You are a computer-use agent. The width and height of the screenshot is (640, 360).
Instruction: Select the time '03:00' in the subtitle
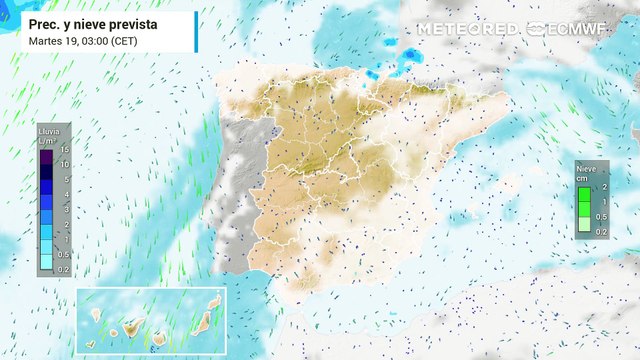(x=92, y=40)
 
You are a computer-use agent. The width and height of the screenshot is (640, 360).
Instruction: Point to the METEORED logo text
(x=467, y=29)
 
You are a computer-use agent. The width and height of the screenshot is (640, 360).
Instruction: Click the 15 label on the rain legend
(x=63, y=149)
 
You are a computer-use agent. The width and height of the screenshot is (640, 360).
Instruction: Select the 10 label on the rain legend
(x=63, y=164)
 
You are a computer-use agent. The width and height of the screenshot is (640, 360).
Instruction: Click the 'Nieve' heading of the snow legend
(x=586, y=170)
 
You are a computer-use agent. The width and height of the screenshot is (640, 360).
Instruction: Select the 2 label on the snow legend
(x=604, y=187)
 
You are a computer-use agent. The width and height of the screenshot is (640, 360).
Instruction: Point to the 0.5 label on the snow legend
(x=603, y=217)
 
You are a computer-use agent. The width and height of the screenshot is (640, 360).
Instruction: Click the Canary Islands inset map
(x=150, y=320)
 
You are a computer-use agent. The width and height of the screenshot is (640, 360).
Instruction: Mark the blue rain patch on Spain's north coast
(x=408, y=60)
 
